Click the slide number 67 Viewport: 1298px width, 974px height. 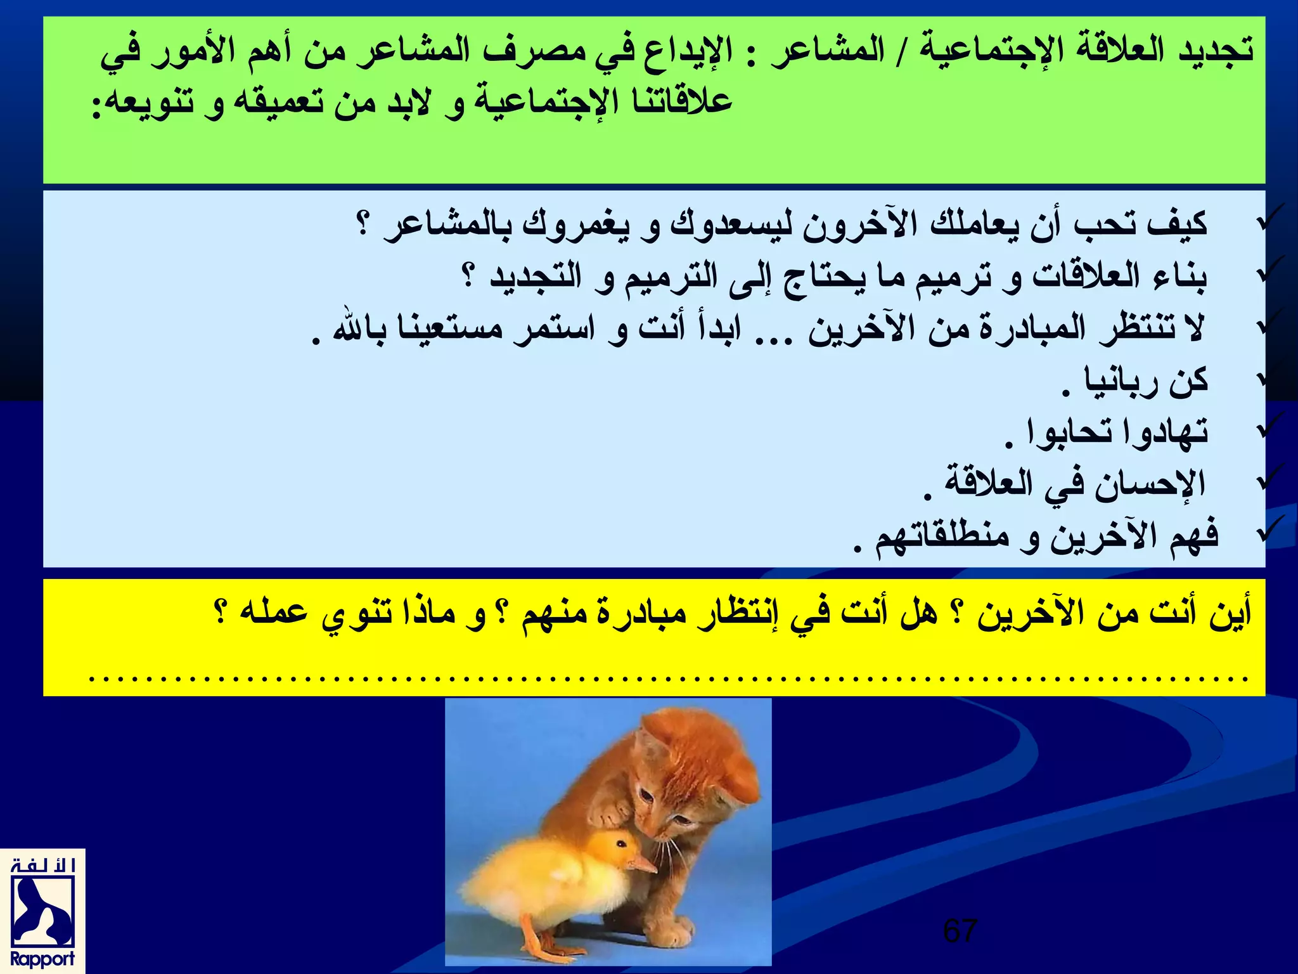coord(960,931)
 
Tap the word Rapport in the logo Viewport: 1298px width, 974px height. coord(42,958)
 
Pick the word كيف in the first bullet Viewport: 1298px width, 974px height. coord(1176,223)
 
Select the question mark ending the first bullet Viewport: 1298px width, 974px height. coord(363,224)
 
